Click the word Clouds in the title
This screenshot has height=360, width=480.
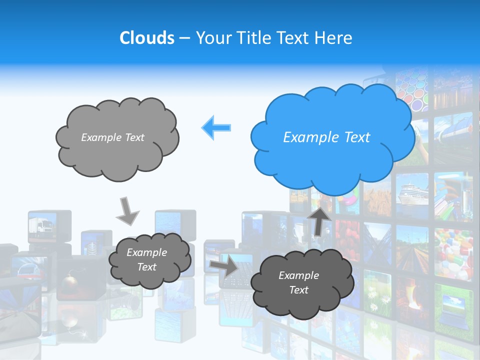tap(147, 38)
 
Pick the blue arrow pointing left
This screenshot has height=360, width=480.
tap(216, 127)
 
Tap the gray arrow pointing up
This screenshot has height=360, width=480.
tap(319, 220)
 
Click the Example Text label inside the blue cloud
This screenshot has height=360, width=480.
tap(326, 137)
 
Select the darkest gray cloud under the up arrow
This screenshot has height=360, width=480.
tap(298, 283)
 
